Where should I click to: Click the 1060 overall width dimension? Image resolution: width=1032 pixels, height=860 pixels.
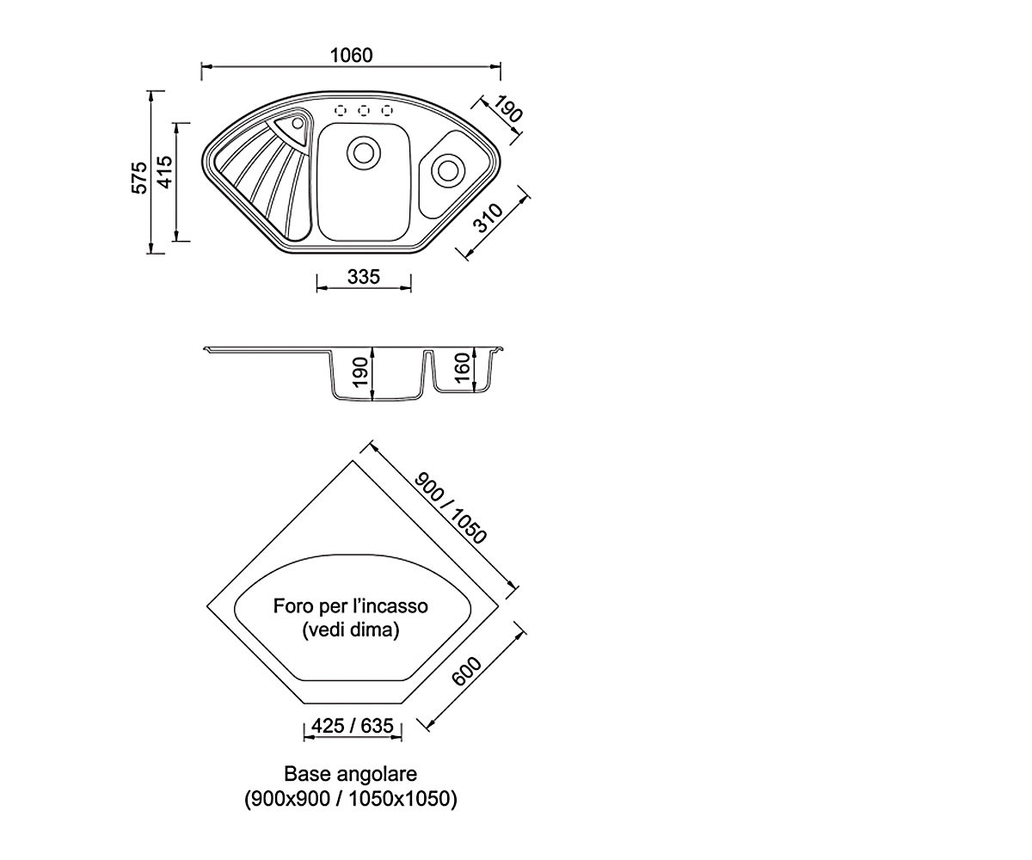(351, 55)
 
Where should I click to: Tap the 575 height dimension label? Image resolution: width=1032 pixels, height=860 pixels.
(140, 177)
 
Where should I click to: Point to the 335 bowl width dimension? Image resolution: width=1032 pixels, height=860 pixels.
(364, 277)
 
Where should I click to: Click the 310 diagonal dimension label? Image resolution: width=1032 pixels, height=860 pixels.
(488, 218)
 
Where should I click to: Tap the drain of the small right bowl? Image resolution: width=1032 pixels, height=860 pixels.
(448, 171)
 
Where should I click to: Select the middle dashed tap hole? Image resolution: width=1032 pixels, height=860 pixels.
(364, 110)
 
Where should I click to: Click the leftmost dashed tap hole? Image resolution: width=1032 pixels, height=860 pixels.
(341, 110)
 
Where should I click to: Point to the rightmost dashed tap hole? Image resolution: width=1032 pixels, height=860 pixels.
(387, 110)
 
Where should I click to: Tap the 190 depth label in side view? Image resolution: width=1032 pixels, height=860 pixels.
(361, 372)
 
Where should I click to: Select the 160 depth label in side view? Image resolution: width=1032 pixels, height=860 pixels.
(462, 368)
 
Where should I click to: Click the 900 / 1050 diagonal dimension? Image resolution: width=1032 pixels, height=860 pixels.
(450, 508)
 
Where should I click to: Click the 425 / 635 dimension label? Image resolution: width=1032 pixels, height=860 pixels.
(353, 726)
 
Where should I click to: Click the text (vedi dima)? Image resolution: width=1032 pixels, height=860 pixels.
(350, 630)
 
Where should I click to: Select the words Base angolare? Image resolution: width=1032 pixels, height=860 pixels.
(350, 774)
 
